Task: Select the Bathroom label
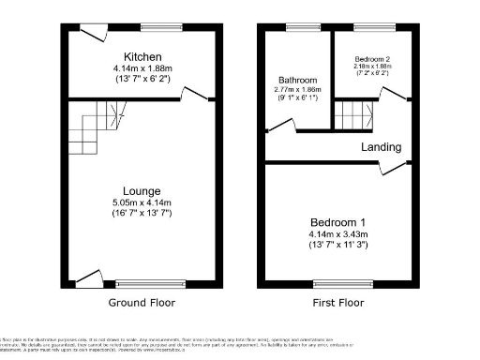point(297,80)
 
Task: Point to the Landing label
point(382,147)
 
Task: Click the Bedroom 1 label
point(335,220)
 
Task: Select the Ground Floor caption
point(142,303)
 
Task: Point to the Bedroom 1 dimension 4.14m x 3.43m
point(335,233)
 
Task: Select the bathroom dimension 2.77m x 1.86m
point(297,90)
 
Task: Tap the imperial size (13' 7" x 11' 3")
point(335,246)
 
